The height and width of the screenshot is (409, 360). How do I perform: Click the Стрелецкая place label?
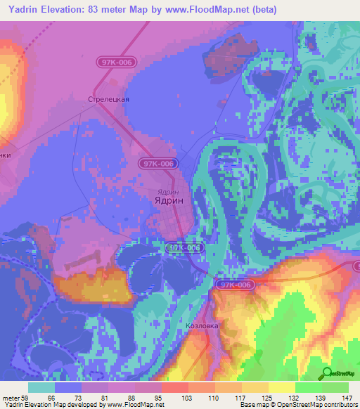108,99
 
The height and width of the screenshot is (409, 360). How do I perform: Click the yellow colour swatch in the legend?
282,387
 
